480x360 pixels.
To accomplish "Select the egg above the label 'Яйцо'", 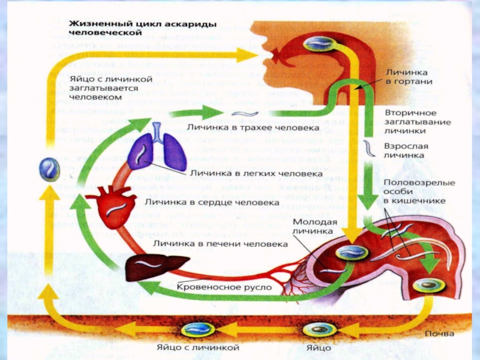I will coord(315,329).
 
